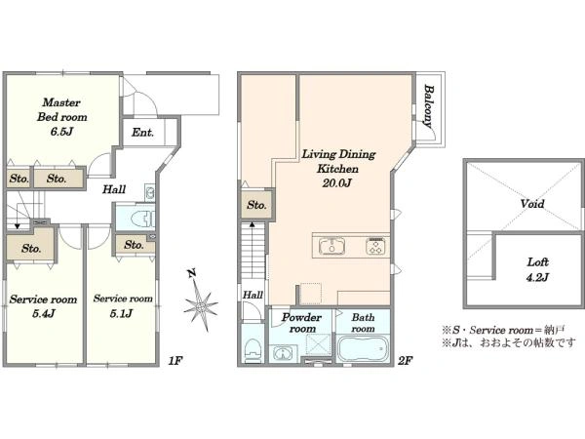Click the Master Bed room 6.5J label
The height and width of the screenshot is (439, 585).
62,116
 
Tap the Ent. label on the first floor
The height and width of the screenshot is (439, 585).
142,132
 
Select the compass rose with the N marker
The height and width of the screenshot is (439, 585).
201,301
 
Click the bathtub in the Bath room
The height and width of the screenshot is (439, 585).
363,348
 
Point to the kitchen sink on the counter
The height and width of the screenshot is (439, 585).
331,247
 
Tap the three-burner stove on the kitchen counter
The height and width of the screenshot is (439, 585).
375,247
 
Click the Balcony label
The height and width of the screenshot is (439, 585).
429,106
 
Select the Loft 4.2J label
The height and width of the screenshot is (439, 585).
537,269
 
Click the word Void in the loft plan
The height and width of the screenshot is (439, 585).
532,204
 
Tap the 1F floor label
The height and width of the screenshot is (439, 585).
175,361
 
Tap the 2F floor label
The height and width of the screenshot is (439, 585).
405,361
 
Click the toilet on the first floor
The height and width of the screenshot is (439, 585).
143,219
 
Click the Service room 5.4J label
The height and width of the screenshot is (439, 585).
43,306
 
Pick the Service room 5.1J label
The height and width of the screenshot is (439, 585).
123,305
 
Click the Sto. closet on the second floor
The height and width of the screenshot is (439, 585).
256,205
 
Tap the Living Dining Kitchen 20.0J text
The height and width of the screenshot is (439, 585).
338,169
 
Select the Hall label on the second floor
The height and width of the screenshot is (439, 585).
253,295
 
